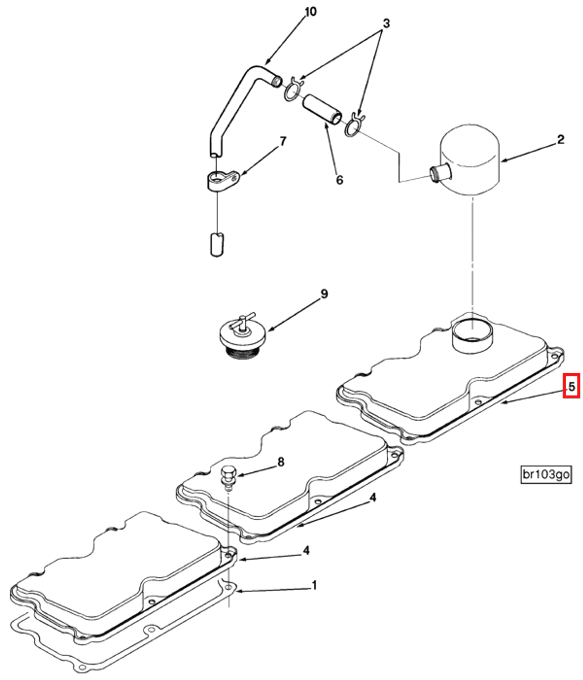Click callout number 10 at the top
tap(311, 12)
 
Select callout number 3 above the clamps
tap(386, 23)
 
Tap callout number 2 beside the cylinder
tap(560, 139)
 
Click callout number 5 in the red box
tap(571, 386)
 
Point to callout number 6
tap(339, 180)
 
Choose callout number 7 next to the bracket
tap(283, 141)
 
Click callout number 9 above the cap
tap(323, 294)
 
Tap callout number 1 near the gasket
tap(314, 586)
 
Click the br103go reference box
tap(546, 474)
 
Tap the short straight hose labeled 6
tap(322, 110)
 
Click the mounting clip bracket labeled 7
tap(222, 180)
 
